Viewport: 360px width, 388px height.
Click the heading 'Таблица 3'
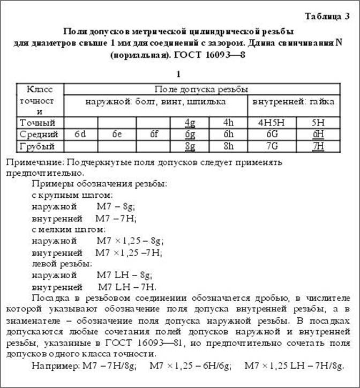[327, 16]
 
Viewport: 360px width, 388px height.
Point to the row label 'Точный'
[34, 122]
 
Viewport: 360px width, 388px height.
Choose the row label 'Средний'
[34, 134]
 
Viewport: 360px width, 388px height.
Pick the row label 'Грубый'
[34, 145]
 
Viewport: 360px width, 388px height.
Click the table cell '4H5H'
[271, 123]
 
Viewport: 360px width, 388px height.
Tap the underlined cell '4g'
[189, 123]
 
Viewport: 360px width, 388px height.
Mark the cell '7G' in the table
[271, 145]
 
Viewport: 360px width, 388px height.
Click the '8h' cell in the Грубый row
[229, 145]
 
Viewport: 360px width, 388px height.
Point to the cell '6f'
[153, 134]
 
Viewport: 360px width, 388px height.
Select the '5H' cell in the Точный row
[318, 123]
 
